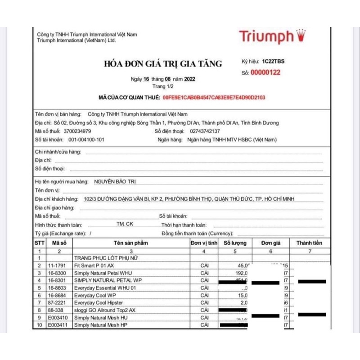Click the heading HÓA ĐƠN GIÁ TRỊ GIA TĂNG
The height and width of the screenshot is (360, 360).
pyautogui.click(x=163, y=64)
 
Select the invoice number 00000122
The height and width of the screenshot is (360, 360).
pyautogui.click(x=265, y=72)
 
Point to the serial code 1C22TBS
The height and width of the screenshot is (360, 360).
pyautogui.click(x=274, y=61)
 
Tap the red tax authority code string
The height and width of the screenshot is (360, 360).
pyautogui.click(x=214, y=97)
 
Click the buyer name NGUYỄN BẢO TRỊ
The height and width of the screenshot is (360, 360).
pyautogui.click(x=115, y=181)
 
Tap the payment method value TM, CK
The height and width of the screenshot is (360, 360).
pyautogui.click(x=125, y=224)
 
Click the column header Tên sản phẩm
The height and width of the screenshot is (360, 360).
pyautogui.click(x=130, y=243)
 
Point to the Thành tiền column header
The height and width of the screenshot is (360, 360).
pyautogui.click(x=309, y=243)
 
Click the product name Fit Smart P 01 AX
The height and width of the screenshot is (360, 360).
pyautogui.click(x=94, y=265)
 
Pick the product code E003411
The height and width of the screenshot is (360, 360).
pyautogui.click(x=58, y=324)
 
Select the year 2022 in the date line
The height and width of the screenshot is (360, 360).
pyautogui.click(x=190, y=79)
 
